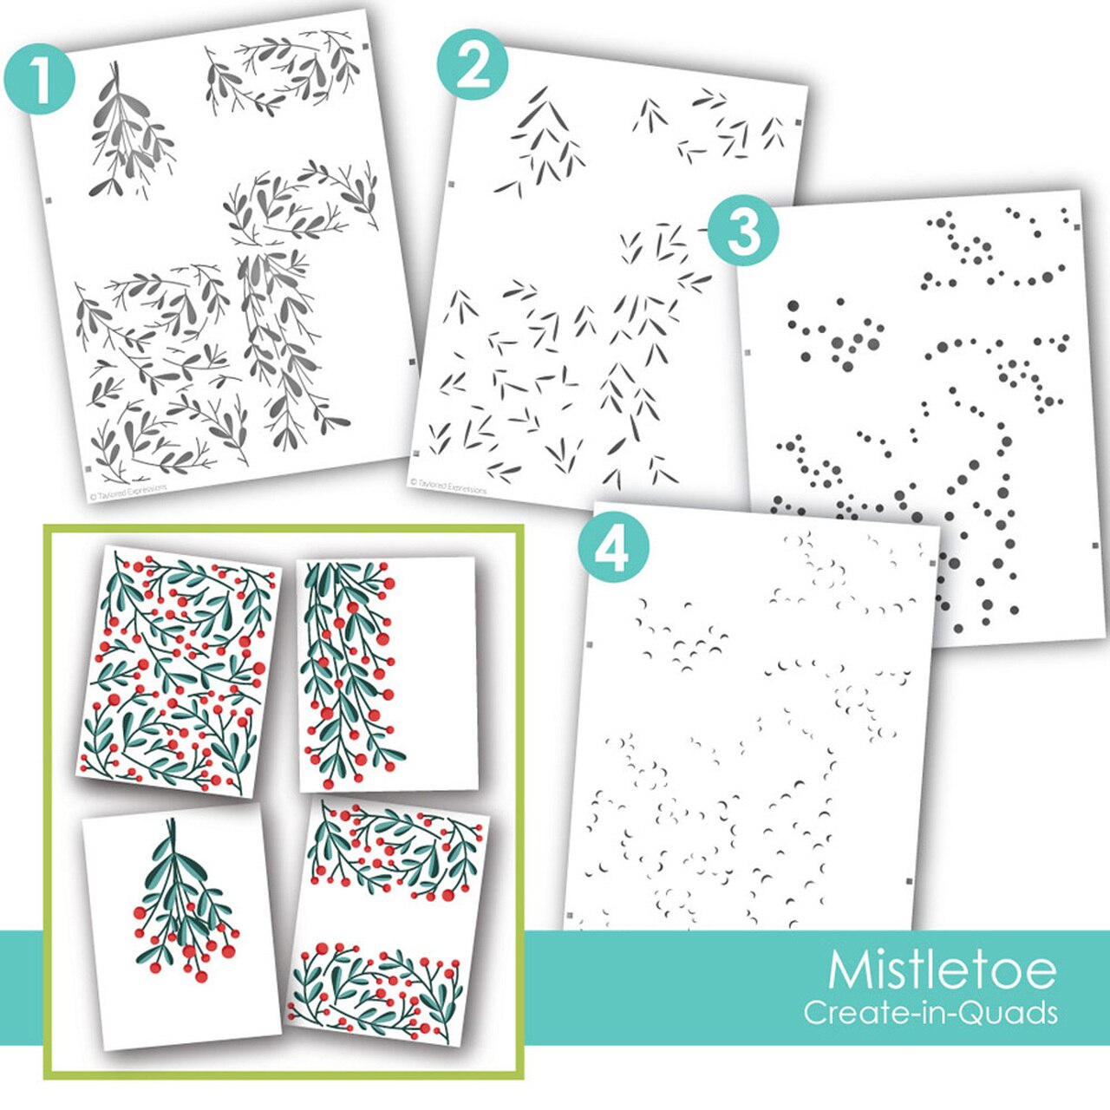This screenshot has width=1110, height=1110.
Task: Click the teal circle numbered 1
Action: (x=39, y=79)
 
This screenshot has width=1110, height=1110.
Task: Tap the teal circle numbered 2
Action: (x=472, y=67)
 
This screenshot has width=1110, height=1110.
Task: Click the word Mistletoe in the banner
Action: (x=942, y=970)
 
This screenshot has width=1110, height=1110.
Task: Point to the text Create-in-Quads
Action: (x=930, y=1012)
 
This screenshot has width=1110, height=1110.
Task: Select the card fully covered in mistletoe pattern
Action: (x=178, y=672)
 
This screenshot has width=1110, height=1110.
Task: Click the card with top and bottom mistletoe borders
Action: (x=388, y=924)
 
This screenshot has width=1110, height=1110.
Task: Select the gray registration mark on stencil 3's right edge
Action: (x=1094, y=545)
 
